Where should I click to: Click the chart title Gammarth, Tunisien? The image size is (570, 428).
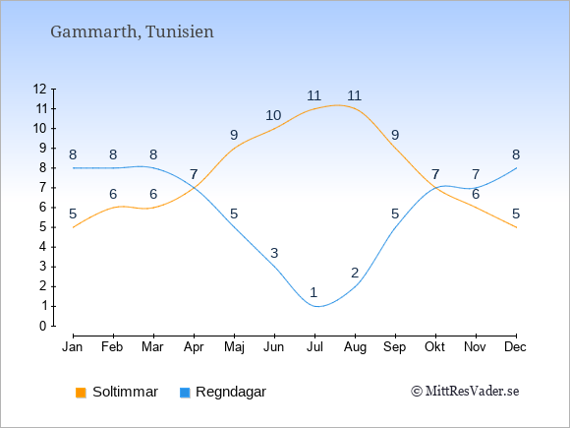point(132,31)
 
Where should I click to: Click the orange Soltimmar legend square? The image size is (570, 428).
point(81,393)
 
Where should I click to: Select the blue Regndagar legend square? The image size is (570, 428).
point(185,393)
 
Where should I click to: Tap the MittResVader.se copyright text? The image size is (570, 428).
point(465,392)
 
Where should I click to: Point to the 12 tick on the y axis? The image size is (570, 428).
point(40,89)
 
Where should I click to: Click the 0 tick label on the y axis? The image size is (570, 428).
point(43,326)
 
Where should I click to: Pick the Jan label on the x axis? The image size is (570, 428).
point(73,347)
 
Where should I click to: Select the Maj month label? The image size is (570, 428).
point(234,347)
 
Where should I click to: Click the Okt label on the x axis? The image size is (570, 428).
point(434,347)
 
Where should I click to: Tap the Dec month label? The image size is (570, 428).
point(515,347)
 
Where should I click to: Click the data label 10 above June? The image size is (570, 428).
point(273,115)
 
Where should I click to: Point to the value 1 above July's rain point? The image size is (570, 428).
point(313,292)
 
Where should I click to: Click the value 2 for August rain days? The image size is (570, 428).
point(355,273)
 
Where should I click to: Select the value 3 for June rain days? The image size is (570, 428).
point(274,253)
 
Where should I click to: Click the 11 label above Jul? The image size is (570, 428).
point(313,95)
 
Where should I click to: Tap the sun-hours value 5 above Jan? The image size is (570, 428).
point(73,214)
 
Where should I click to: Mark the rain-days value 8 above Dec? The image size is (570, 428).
point(516,154)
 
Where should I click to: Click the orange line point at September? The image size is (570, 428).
point(395,149)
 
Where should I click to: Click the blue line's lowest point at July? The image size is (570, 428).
point(316,306)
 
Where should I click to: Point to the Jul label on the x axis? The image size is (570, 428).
point(314,347)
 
